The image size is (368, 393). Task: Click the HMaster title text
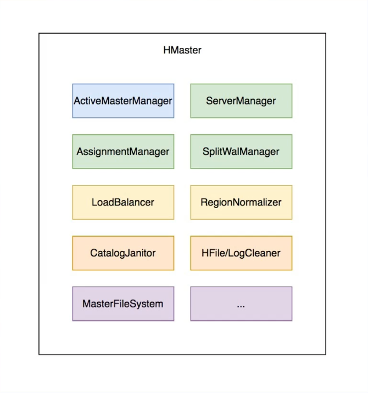[182, 50]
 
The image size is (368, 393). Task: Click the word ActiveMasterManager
[123, 101]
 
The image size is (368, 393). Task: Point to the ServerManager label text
[241, 101]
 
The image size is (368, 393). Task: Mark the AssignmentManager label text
[123, 151]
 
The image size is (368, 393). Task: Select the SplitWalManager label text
[241, 151]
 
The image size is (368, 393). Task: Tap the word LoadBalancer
[123, 202]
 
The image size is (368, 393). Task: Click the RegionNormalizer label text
[241, 202]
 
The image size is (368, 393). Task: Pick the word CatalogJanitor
[123, 253]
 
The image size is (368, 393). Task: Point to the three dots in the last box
[241, 305]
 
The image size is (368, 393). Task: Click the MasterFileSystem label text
[123, 303]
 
